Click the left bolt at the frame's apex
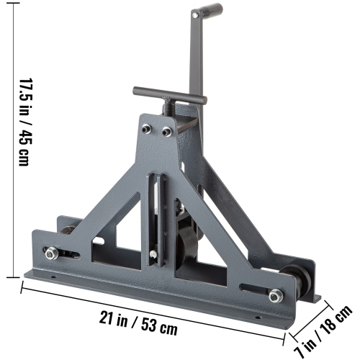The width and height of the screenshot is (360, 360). point(148,130)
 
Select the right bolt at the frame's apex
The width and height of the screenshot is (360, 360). point(167,132)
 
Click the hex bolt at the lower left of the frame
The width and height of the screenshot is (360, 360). point(51,253)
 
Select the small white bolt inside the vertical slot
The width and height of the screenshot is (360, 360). point(153,254)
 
